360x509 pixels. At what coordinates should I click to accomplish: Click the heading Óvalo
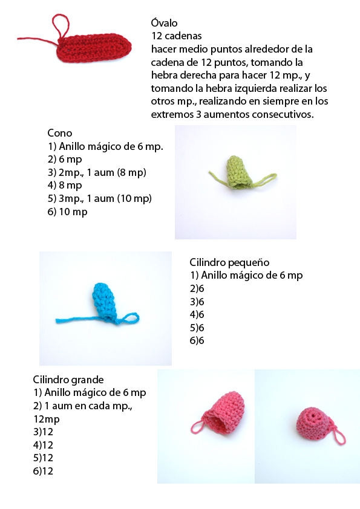164,24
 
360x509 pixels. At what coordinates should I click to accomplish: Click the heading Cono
60,133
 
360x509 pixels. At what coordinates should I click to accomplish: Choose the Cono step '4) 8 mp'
65,185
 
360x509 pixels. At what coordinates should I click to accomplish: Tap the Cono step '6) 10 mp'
68,212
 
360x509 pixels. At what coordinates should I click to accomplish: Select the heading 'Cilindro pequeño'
229,262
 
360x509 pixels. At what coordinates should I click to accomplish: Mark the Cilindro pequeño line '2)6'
197,288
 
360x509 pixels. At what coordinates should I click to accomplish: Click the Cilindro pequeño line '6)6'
197,341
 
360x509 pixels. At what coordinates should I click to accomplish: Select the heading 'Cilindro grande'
68,380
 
